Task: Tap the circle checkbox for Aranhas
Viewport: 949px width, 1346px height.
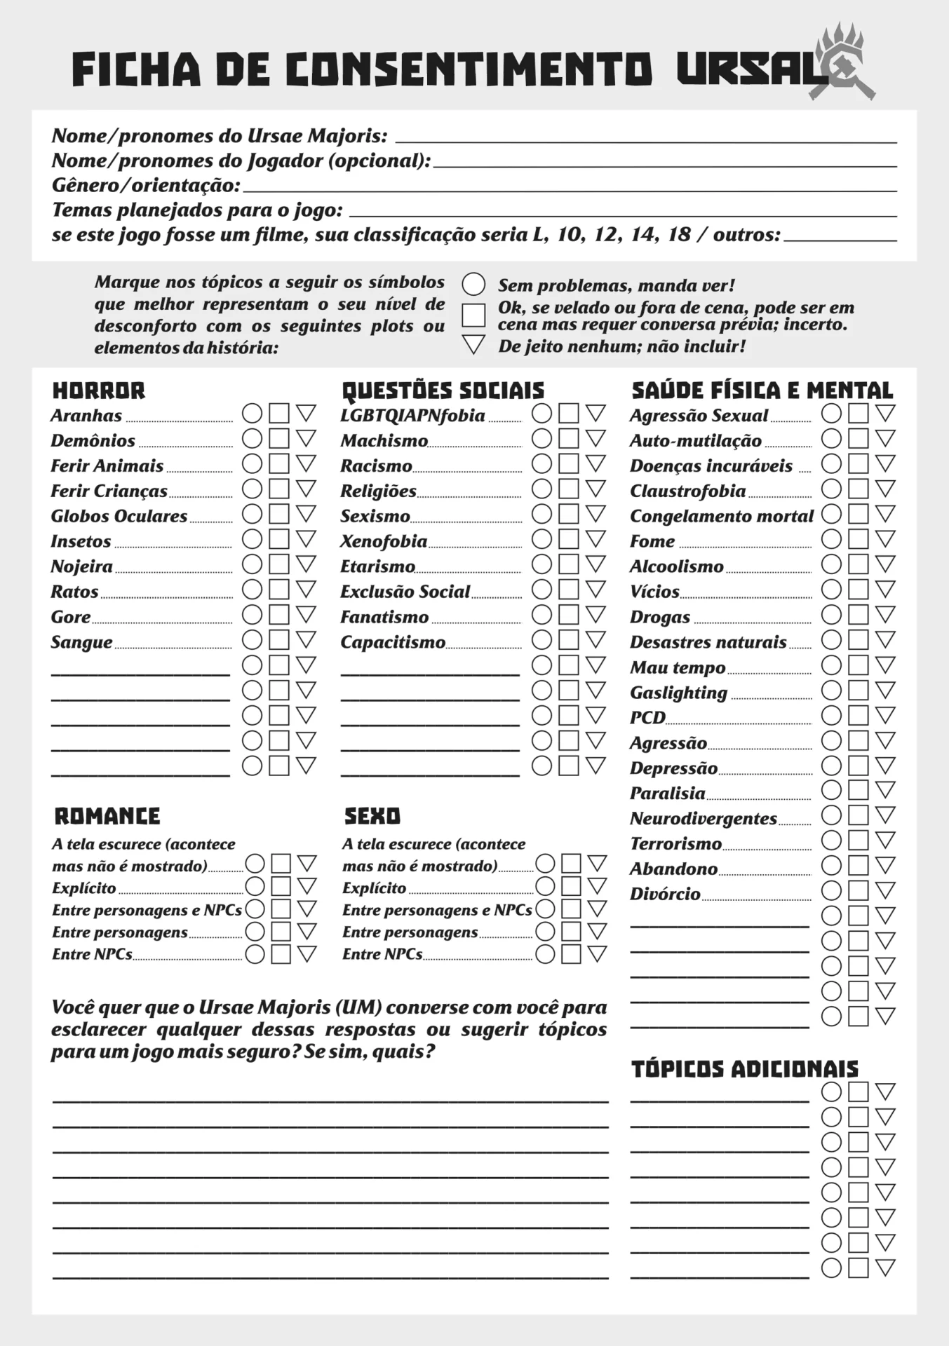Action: [x=253, y=414]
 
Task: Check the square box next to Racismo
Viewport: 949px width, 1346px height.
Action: [x=569, y=464]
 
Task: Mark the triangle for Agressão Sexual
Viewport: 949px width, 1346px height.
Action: [x=885, y=413]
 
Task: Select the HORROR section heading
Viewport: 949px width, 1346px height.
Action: [x=99, y=390]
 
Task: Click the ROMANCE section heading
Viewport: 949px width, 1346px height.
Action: [x=107, y=816]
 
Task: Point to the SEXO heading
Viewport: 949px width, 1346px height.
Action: [x=372, y=816]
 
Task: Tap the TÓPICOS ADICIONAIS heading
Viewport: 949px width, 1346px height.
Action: [x=745, y=1069]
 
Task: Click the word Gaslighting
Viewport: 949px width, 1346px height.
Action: [x=678, y=693]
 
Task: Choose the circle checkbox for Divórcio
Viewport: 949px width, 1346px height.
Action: [x=831, y=890]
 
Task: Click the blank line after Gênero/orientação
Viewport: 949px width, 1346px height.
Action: [x=568, y=188]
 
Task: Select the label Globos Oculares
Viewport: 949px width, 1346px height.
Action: [x=119, y=517]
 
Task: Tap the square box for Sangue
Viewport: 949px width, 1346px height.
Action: [x=279, y=640]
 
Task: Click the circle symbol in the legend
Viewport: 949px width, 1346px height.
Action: [x=473, y=285]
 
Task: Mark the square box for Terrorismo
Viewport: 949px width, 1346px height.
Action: [x=858, y=840]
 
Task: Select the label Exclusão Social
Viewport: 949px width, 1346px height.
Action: [x=405, y=592]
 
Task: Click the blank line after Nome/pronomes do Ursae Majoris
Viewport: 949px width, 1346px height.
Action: [x=645, y=139]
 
